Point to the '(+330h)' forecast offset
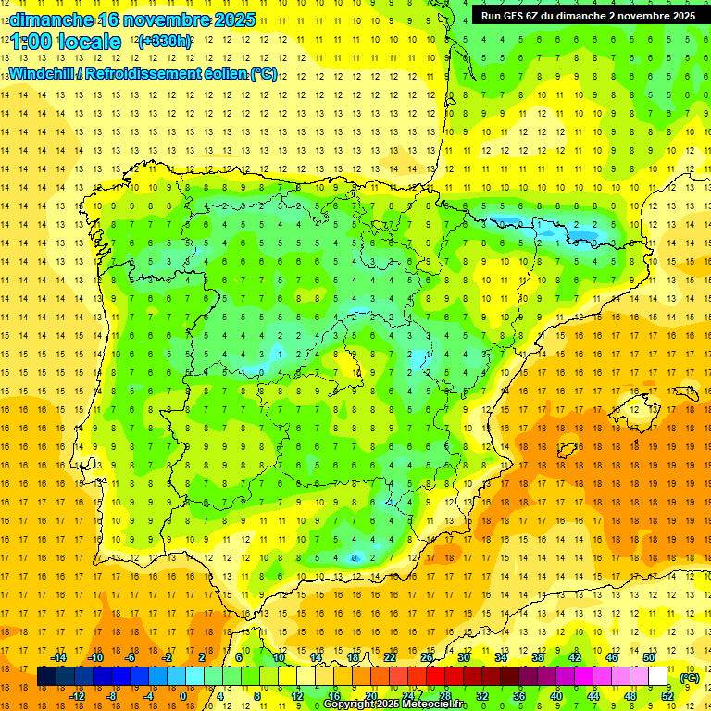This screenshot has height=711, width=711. point(165,42)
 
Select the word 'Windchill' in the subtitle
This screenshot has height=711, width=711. point(41,73)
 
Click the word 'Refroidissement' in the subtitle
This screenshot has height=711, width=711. point(143,73)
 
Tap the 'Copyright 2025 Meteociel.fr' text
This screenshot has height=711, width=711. point(396,705)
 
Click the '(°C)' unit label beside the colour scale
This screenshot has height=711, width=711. point(690,678)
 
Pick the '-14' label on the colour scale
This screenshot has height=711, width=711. point(60,657)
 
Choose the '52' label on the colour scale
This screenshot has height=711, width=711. point(667,696)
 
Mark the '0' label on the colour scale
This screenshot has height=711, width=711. point(183,696)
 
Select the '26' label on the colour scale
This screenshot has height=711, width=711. point(427,657)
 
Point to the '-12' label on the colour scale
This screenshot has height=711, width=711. point(78,696)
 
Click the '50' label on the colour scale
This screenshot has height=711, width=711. point(650,657)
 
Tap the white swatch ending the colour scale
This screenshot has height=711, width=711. point(658,677)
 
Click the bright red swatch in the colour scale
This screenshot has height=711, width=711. point(436,677)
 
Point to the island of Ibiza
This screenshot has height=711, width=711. point(567,451)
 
